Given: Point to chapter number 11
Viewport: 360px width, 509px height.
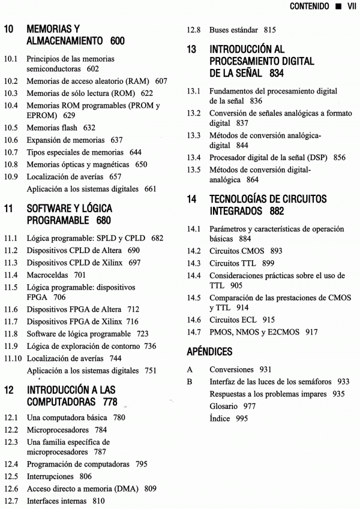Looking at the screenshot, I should pos(9,209).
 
